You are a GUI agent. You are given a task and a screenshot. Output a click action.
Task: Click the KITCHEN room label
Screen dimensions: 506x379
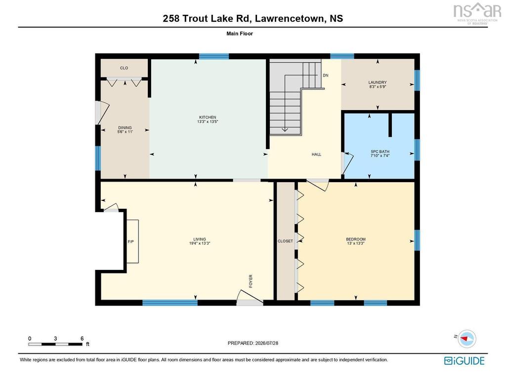pos(208,117)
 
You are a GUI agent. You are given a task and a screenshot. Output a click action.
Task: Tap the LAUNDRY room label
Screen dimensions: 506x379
pos(378,82)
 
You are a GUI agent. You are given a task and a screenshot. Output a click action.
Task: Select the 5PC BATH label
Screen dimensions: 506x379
pos(380,152)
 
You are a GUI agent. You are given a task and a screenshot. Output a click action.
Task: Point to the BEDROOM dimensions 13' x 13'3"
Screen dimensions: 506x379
pos(356,243)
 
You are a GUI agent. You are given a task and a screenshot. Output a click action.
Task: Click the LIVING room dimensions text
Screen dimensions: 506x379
pos(200,243)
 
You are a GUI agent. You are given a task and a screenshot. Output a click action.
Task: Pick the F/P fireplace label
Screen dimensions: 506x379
pos(130,241)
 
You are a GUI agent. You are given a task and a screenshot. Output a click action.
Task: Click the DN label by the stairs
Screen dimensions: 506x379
pos(326,75)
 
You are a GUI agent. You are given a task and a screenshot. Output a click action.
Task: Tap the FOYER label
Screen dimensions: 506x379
pos(251,281)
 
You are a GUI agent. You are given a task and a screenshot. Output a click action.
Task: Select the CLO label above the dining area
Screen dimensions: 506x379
pos(124,68)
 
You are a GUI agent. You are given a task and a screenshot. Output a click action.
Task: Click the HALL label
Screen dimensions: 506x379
pos(316,154)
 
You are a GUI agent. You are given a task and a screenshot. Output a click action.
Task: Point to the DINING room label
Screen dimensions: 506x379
pos(125,128)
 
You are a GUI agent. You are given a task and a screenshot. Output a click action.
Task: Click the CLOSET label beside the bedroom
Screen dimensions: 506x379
pos(285,241)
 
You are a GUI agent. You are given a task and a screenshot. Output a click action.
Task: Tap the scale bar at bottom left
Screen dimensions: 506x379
pos(55,344)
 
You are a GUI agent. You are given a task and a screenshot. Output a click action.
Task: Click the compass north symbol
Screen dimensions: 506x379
pos(466,339)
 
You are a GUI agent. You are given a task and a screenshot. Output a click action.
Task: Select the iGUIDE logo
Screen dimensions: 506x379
pos(464,360)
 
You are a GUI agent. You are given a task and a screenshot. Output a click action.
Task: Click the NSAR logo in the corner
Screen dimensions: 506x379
pos(477,13)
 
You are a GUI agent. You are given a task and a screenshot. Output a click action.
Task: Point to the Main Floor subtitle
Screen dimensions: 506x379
pos(240,34)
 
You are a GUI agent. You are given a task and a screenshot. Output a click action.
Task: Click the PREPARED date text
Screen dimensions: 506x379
pos(253,343)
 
